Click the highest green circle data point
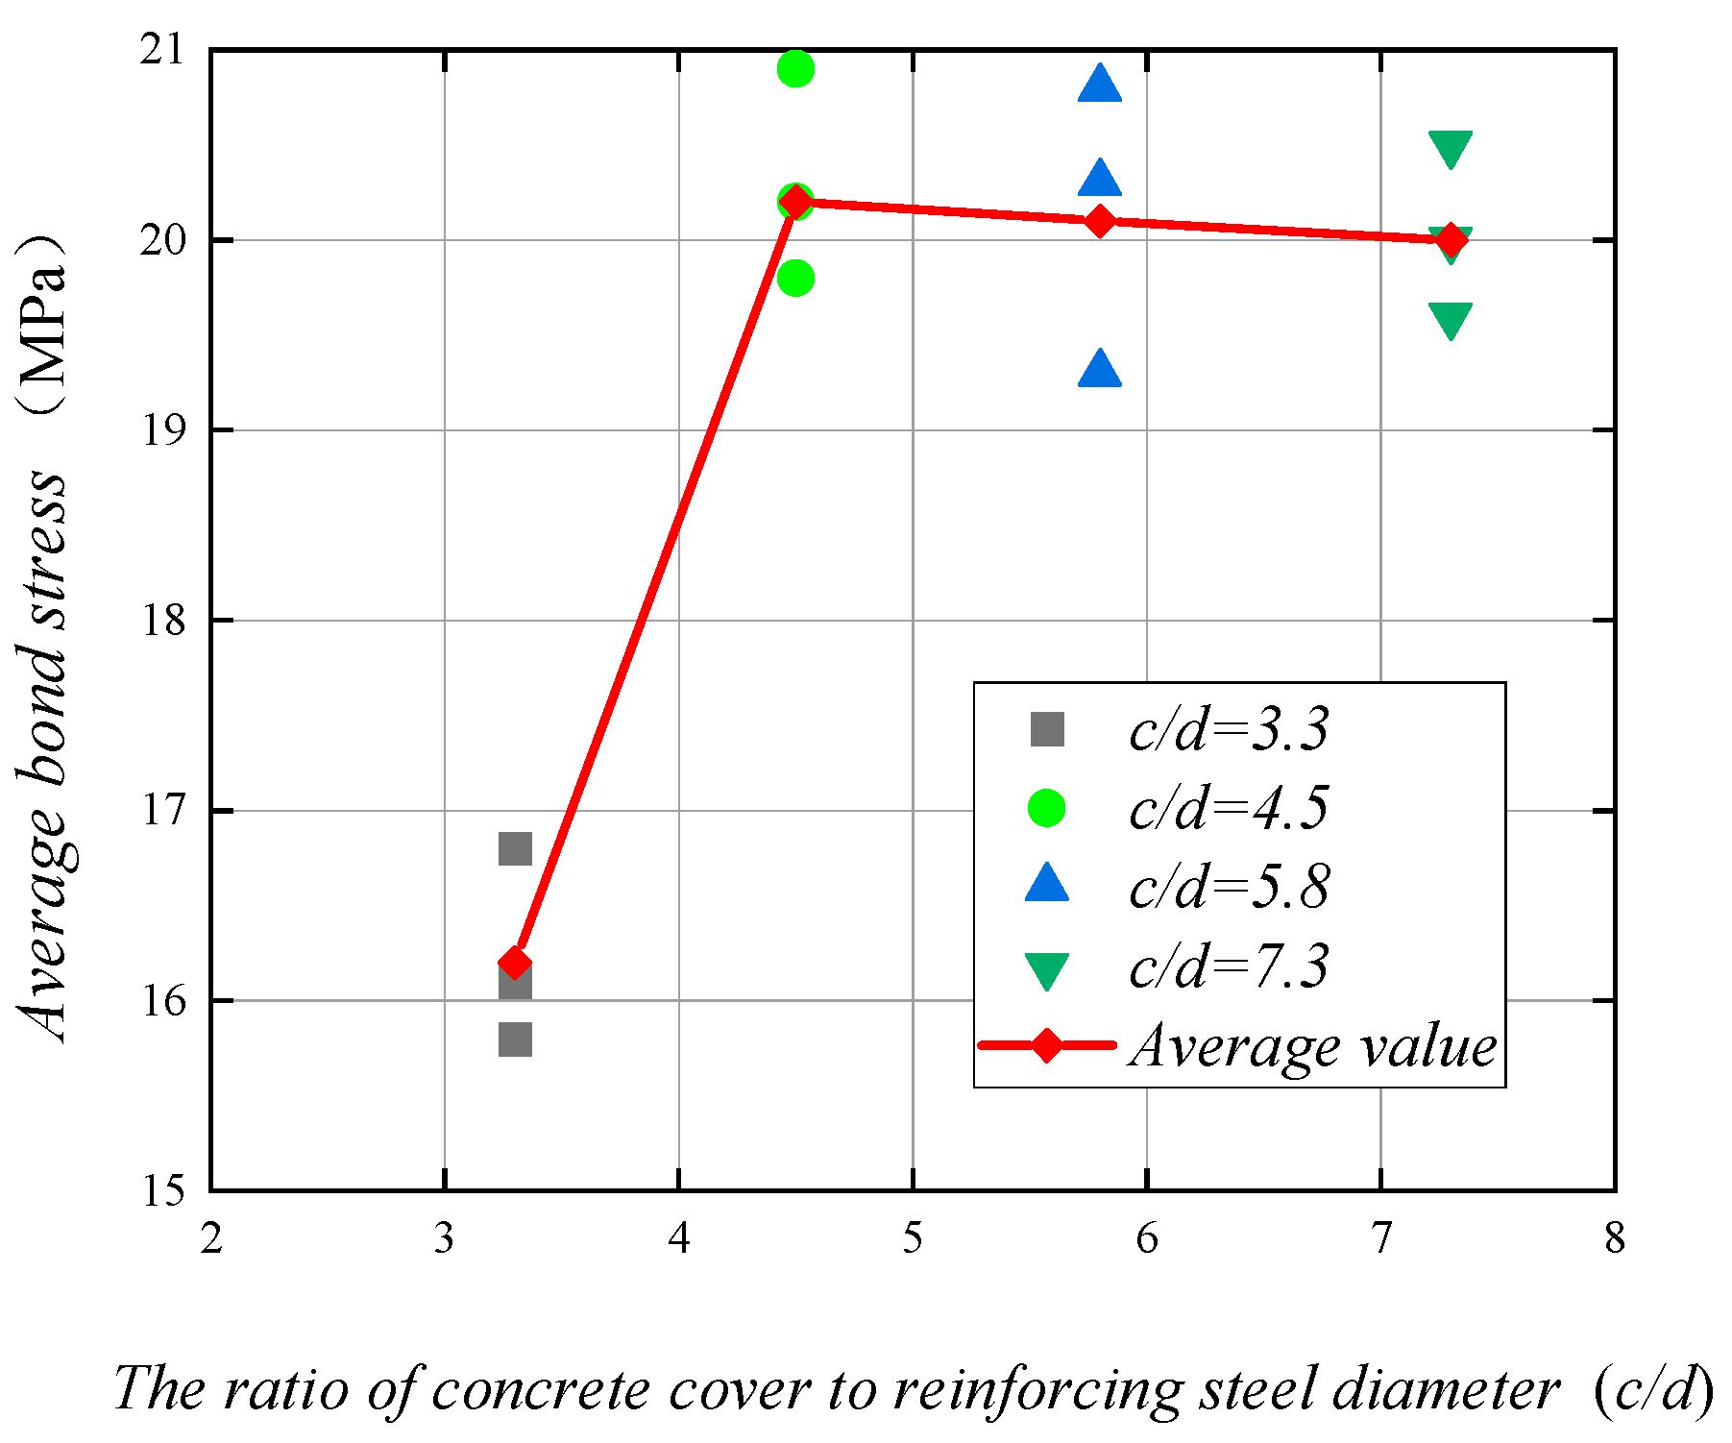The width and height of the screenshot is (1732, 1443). pos(795,68)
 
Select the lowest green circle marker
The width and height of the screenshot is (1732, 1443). pos(795,279)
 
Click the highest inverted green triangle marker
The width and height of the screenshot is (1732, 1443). pos(1451,148)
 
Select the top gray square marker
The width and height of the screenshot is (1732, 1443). pos(515,848)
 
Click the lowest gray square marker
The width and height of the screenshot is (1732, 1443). pos(515,1039)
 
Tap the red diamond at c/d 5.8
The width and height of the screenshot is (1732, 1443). pos(1100,221)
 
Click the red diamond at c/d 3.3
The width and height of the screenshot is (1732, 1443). pos(515,963)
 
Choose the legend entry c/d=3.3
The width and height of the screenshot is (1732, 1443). pos(1229,729)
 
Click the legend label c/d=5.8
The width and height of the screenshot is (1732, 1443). pos(1229,887)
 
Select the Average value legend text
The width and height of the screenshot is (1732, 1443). pos(1312,1045)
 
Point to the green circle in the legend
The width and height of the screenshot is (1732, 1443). pos(1046,808)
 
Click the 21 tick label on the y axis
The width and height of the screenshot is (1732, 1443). pos(161,50)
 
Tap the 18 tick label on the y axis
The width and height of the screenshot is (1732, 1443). pos(161,621)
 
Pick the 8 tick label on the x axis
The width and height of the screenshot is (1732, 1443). pos(1615,1239)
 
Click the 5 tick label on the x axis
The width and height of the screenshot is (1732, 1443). pos(913,1239)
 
